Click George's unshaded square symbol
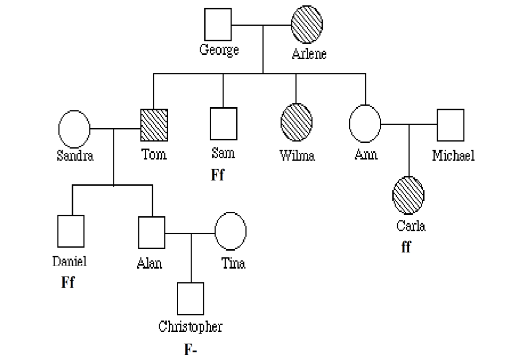218,24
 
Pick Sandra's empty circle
74,129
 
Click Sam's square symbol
223,124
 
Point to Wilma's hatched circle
296,122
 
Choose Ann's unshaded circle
365,124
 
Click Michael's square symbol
450,125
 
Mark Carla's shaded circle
408,195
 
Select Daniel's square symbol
71,231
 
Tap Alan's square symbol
152,232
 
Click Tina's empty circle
231,231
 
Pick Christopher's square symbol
191,299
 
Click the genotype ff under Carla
405,248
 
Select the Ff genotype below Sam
217,175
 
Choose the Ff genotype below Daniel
68,282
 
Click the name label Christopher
191,327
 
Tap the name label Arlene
309,54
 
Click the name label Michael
453,156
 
